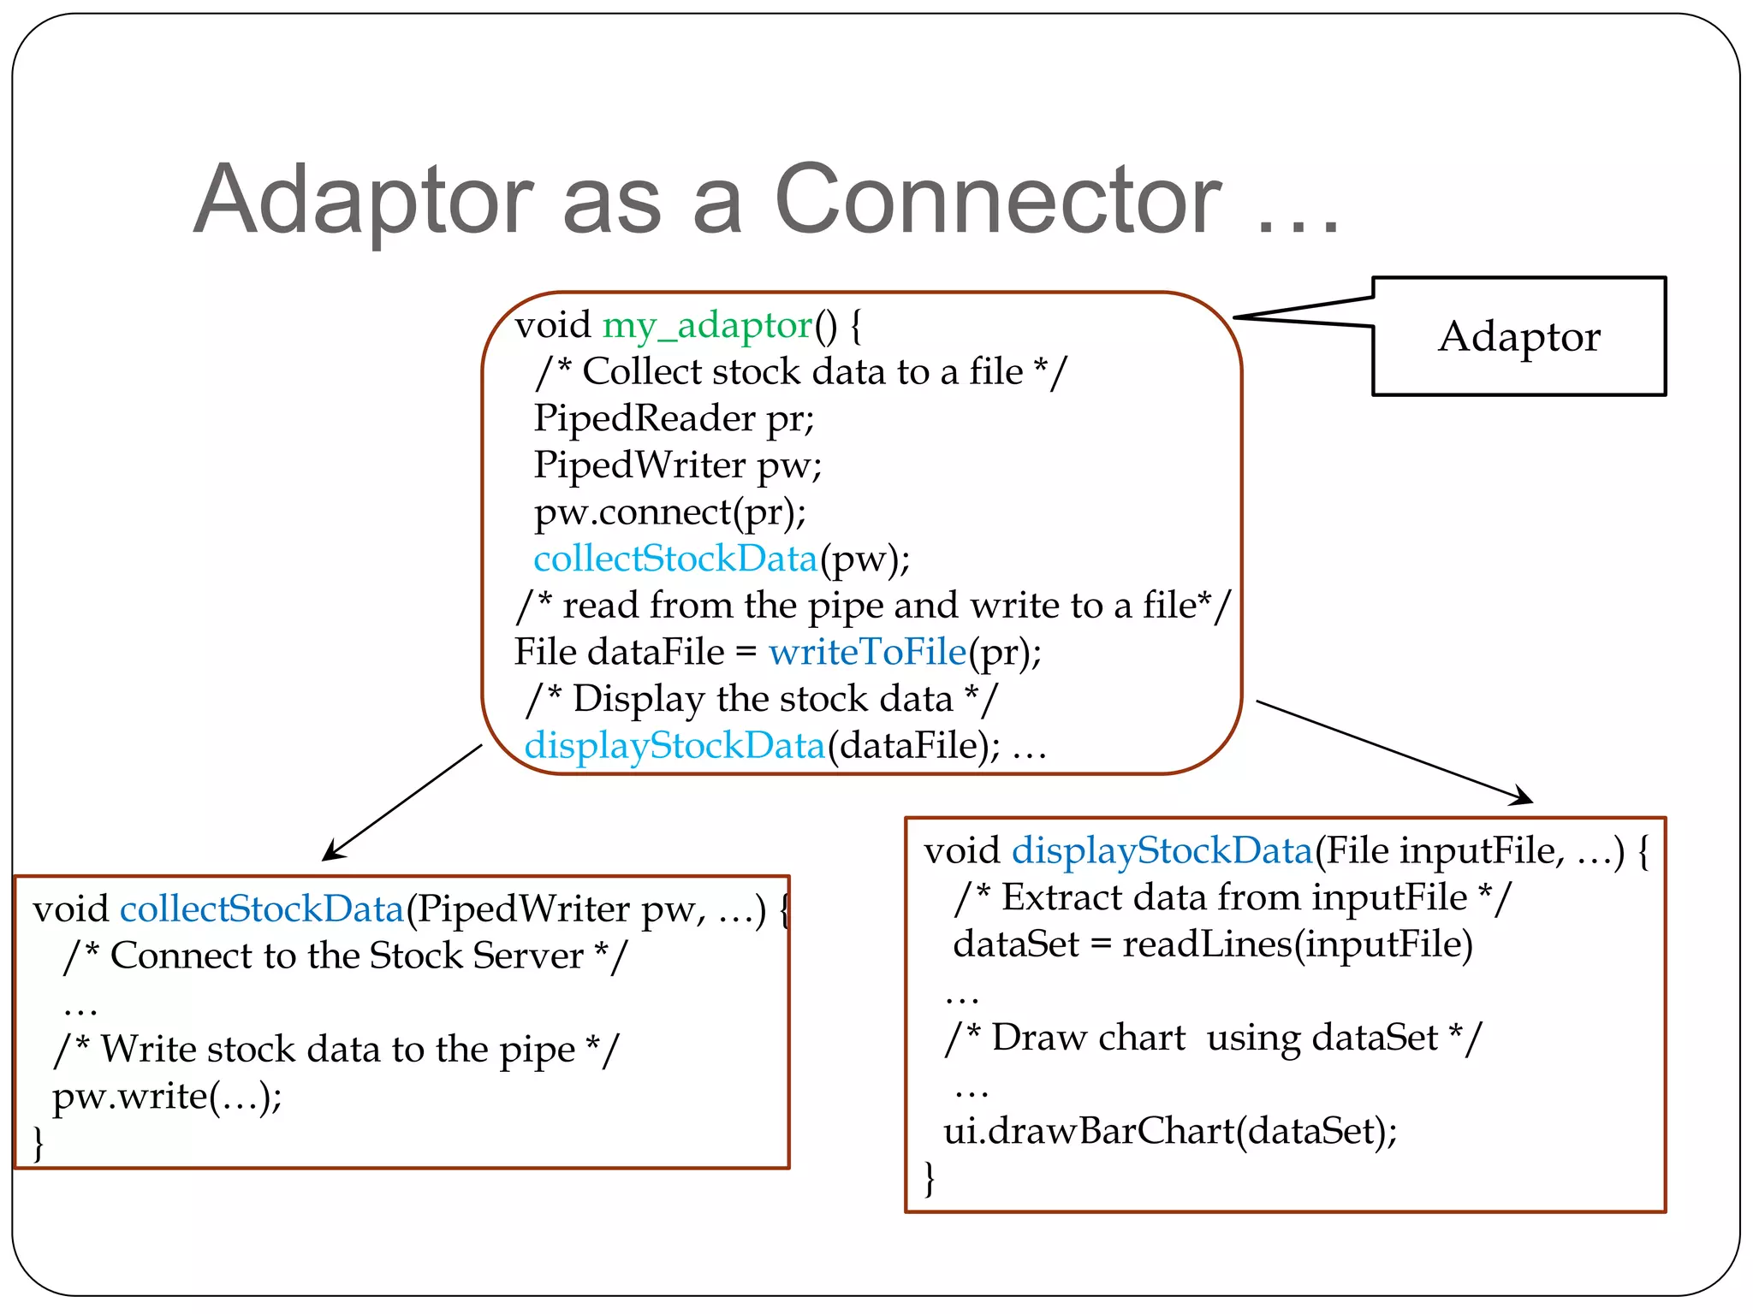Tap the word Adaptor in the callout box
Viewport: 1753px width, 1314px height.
(x=1519, y=336)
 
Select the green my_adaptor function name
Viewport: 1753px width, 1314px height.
(x=707, y=325)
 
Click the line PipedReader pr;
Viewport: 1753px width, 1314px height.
(x=674, y=418)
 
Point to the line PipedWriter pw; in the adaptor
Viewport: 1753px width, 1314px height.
(x=677, y=465)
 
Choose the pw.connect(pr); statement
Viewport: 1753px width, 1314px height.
(x=670, y=512)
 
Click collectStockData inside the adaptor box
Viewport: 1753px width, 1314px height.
(x=675, y=559)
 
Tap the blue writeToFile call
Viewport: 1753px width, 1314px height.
(x=867, y=652)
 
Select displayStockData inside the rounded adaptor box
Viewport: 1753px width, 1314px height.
(x=674, y=745)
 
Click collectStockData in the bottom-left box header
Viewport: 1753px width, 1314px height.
(x=261, y=909)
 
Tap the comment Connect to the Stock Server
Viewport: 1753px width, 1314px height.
(x=346, y=956)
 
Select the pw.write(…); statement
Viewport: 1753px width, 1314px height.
(x=167, y=1096)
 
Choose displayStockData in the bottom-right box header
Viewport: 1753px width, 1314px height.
(x=1162, y=850)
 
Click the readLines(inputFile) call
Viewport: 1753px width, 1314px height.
(x=1297, y=944)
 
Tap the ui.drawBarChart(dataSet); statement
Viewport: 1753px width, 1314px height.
(x=1169, y=1131)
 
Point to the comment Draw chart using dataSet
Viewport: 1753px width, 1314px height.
(x=1213, y=1038)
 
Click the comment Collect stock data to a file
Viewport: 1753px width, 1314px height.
(x=801, y=372)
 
